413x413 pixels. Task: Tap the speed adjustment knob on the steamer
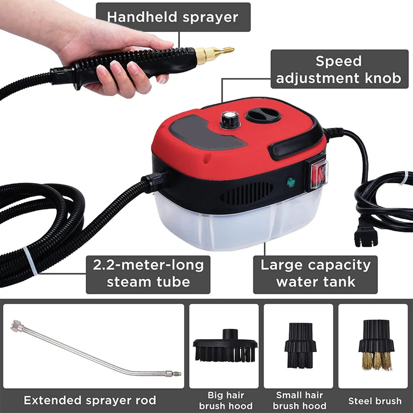click(230, 120)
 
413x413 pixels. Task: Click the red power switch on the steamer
click(319, 174)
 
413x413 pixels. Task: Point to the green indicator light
click(291, 182)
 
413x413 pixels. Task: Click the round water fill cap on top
click(263, 115)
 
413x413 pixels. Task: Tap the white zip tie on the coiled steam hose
click(30, 261)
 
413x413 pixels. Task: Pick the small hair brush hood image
click(300, 345)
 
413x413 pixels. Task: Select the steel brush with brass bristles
click(376, 345)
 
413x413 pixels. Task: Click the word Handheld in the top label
click(141, 17)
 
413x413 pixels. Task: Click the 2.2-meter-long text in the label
click(148, 265)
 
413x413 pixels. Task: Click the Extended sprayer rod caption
click(90, 401)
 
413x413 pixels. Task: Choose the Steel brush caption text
click(375, 401)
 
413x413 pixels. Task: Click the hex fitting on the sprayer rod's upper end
click(17, 326)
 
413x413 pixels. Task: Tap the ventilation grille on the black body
click(247, 193)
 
